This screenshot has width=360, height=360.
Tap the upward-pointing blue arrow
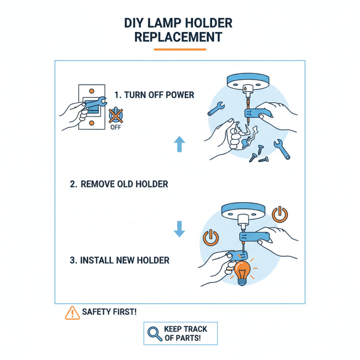tap(180, 144)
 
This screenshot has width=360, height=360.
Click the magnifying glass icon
tap(155, 333)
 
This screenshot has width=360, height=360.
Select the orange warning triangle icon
tap(72, 312)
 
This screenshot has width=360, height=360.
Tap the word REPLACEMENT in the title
tap(179, 37)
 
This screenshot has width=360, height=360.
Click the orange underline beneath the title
tap(180, 49)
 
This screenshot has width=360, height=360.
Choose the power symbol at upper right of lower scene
tap(280, 214)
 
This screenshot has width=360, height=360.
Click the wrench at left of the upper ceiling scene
tap(216, 108)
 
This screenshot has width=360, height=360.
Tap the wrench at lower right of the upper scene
tap(282, 149)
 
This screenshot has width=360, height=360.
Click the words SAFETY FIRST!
tap(109, 312)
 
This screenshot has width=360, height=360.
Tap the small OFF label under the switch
tap(116, 127)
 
